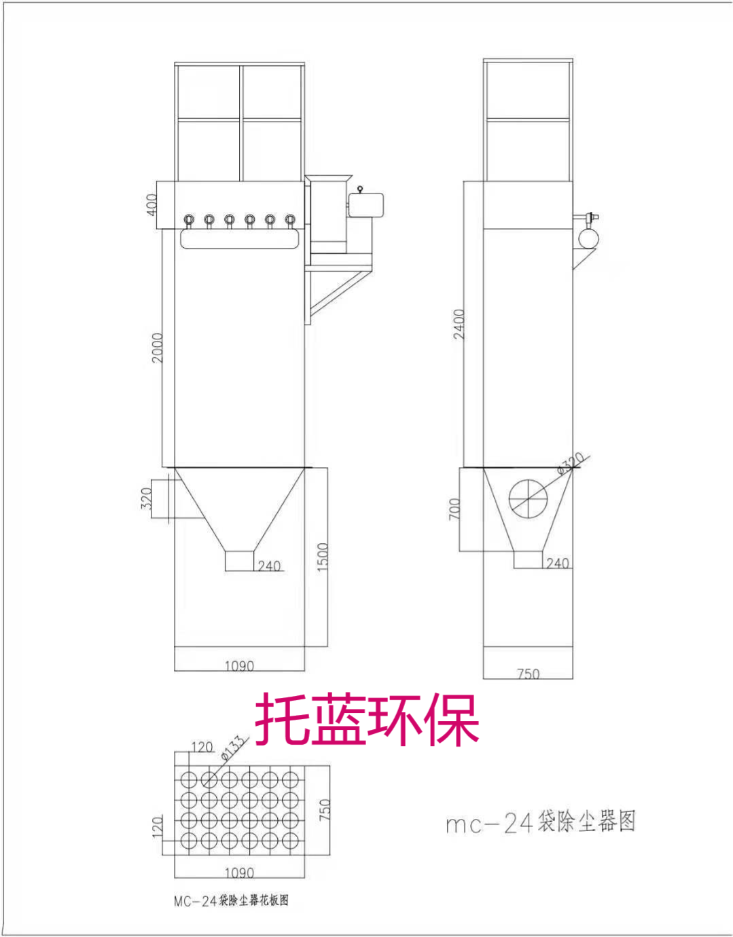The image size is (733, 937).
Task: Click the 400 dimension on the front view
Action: pos(152,204)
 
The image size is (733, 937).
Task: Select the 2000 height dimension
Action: pos(158,347)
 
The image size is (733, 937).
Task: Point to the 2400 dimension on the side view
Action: pos(460,324)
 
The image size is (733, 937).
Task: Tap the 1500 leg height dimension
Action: pos(323,556)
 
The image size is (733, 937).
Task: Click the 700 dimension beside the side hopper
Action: pos(454,509)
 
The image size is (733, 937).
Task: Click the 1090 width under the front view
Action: pos(239,666)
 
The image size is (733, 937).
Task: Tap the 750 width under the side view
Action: pos(528,674)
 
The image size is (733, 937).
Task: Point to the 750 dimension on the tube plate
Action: pos(325,809)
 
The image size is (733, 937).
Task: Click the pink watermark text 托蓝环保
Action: pos(367,720)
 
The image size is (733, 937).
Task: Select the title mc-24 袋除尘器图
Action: pos(540,822)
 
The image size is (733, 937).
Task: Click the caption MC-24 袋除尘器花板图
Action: pos(231,901)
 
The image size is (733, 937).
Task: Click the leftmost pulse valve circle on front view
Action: pos(189,219)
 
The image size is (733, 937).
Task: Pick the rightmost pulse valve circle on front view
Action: pos(290,219)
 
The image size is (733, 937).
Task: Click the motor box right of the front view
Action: pos(366,205)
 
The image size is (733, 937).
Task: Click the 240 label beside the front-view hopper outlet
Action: pos(269,566)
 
